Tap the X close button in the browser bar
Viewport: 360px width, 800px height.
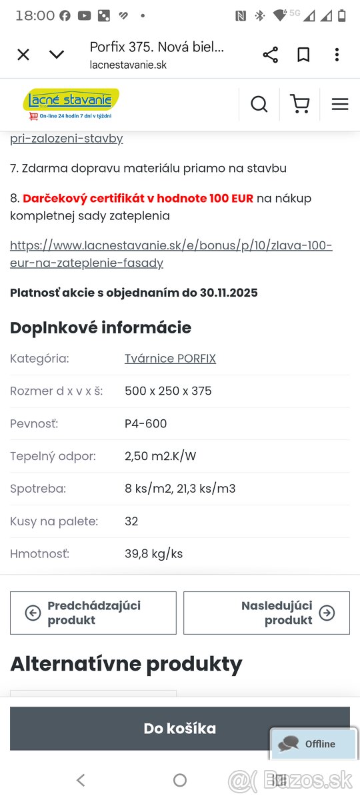pos(23,55)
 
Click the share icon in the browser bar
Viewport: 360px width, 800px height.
pos(270,55)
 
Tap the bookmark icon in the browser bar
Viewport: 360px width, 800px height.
pos(303,55)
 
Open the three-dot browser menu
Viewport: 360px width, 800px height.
pos(337,55)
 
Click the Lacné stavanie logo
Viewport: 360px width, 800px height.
pos(71,104)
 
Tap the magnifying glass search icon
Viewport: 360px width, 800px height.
pos(259,104)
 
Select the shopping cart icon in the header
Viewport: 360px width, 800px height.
pos(300,104)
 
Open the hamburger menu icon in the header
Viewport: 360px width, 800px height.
pos(340,104)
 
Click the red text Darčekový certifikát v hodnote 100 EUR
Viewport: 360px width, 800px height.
pos(138,198)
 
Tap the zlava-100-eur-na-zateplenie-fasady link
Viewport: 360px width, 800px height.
pos(171,254)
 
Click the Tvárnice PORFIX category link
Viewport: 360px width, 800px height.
pos(170,359)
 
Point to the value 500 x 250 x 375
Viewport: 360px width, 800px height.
pos(168,391)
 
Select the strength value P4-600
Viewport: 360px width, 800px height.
pos(146,423)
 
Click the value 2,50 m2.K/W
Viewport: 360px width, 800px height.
pos(160,456)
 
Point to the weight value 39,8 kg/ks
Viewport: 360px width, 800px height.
pos(153,554)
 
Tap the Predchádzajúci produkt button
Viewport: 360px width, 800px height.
pos(93,613)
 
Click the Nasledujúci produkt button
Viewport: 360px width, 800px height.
pos(267,613)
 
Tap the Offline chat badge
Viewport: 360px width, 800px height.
pos(313,744)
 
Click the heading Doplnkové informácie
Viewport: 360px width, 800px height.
pos(101,327)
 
